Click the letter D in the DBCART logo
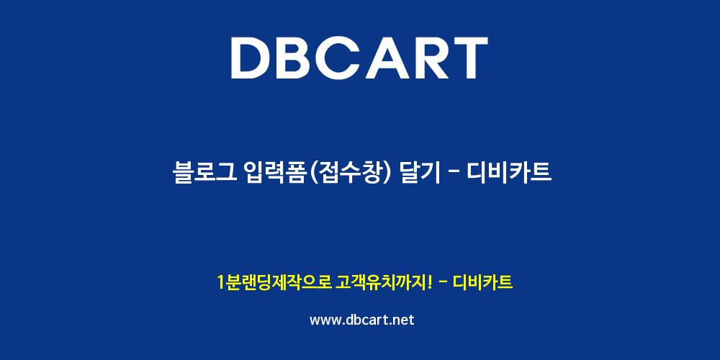251,58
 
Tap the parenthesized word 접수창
352,173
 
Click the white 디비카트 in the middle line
508,173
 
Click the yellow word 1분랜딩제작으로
274,282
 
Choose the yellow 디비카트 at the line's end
482,282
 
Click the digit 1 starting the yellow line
221,282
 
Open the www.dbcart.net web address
362,320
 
